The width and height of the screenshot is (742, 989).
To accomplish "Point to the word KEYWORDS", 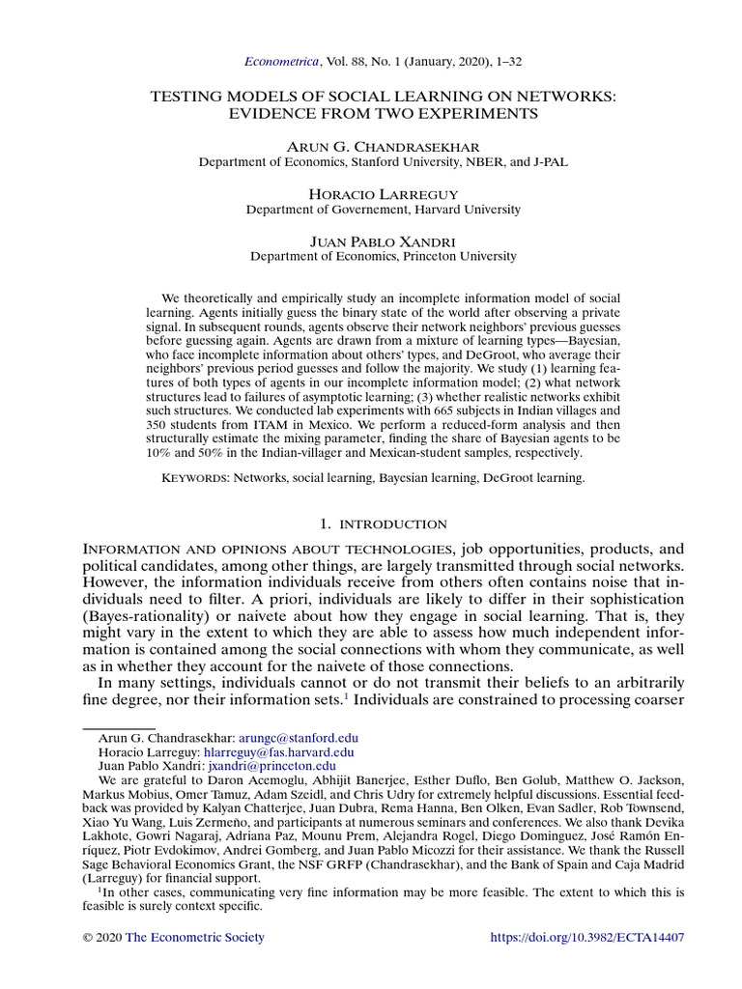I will [194, 477].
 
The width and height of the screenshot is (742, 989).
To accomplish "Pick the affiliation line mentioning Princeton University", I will [383, 257].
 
